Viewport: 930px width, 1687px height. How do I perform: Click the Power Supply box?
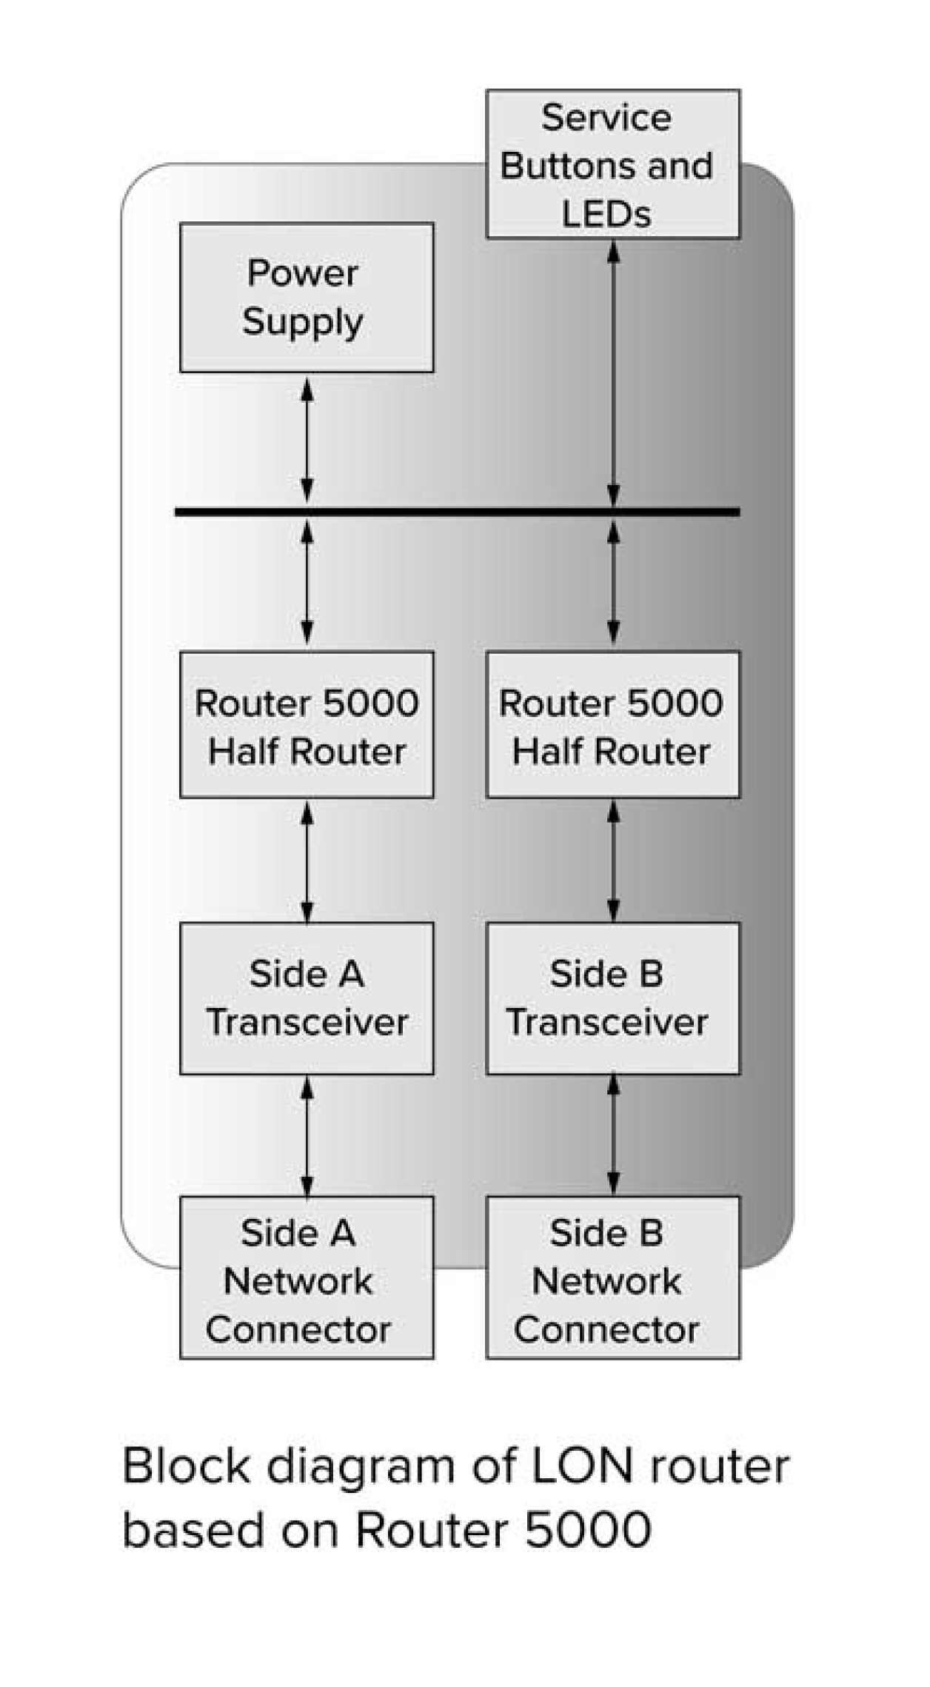(307, 298)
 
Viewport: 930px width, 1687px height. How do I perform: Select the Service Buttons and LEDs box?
(612, 164)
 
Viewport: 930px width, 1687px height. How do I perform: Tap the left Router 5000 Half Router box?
(307, 724)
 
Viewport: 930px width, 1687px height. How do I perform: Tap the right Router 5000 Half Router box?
(612, 724)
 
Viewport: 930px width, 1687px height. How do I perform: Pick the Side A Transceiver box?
(307, 998)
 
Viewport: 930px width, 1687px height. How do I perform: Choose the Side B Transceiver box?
(612, 998)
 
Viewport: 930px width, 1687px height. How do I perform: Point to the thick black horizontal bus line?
(457, 511)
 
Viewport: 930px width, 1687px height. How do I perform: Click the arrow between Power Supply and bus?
(307, 441)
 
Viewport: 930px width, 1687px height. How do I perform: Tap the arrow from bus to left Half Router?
(307, 582)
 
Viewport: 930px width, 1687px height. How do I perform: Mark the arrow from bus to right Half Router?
(613, 582)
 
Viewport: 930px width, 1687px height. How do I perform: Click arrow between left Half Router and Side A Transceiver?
(307, 861)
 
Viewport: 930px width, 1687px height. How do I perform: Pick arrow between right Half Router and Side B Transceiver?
(613, 861)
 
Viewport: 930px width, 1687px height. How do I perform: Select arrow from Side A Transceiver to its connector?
(307, 1136)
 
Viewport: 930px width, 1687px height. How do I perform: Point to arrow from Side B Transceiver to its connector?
(613, 1136)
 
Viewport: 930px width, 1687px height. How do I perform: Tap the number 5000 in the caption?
(588, 1529)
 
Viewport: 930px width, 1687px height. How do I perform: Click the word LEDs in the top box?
(606, 215)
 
